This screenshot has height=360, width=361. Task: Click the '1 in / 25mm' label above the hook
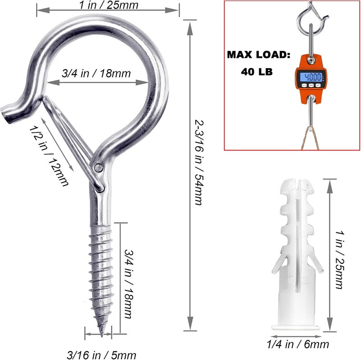109,5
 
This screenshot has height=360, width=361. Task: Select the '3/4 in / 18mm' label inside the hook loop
96,74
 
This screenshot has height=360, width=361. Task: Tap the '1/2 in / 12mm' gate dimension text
49,156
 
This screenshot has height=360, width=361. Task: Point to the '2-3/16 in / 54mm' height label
199,162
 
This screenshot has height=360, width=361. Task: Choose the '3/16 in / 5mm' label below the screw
102,355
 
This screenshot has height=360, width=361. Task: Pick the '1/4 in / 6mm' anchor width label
298,345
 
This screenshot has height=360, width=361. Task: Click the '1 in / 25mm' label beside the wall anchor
339,260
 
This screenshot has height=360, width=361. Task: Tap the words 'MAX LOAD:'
259,55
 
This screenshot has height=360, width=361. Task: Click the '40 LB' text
257,72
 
